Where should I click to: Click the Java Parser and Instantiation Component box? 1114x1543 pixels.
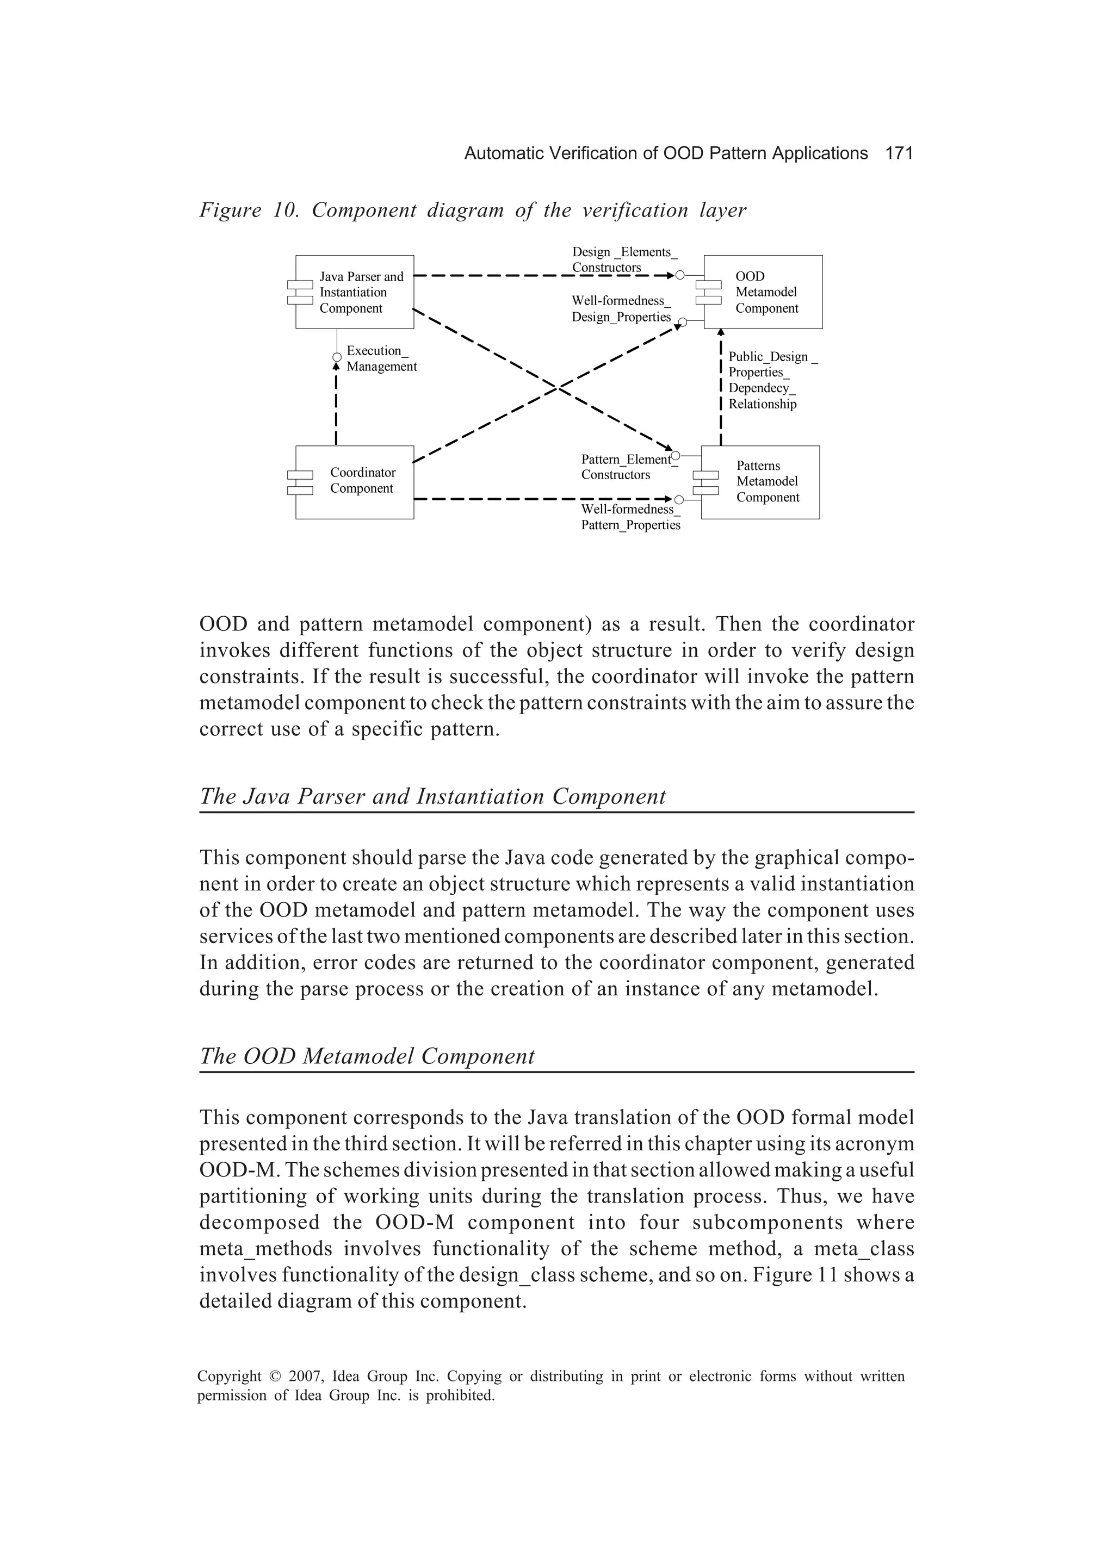tap(355, 292)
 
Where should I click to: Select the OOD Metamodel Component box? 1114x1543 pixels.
tap(763, 292)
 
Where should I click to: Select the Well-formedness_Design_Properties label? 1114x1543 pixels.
tap(621, 309)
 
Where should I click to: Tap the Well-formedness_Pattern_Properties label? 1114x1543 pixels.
tap(630, 517)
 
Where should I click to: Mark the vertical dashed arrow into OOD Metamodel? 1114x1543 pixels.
tap(721, 388)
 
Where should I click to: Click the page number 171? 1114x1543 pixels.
tap(898, 154)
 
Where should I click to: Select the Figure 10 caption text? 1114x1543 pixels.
tap(472, 210)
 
